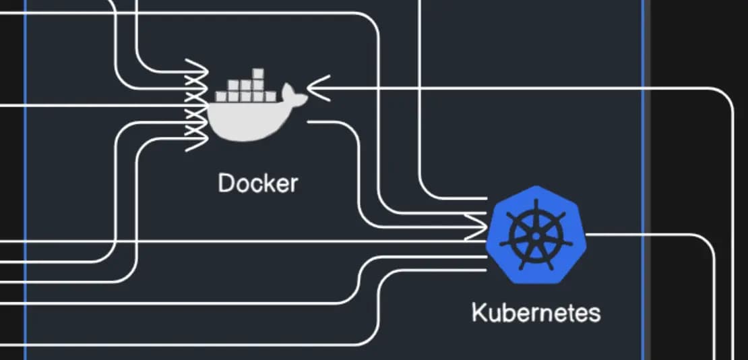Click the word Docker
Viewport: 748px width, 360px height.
(x=257, y=183)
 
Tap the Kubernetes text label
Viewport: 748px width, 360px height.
(x=536, y=313)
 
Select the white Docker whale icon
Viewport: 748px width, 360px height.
(x=257, y=105)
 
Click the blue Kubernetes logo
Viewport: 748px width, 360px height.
(x=536, y=235)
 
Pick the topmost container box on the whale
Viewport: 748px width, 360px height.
(x=258, y=73)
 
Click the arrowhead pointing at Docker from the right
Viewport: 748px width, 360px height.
(x=317, y=88)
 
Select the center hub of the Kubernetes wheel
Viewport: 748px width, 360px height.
(x=536, y=236)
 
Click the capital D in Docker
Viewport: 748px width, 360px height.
(x=225, y=183)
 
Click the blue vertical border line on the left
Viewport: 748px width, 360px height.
(x=26, y=180)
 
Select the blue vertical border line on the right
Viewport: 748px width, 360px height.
(x=643, y=180)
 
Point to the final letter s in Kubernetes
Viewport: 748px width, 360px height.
(x=594, y=315)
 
